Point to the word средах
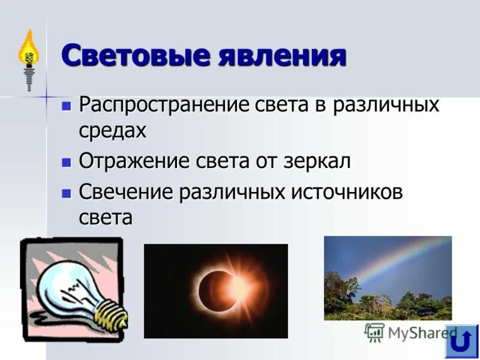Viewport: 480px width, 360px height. [x=113, y=130]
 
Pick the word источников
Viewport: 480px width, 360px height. [x=347, y=193]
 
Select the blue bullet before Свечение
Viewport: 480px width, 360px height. [x=67, y=194]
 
